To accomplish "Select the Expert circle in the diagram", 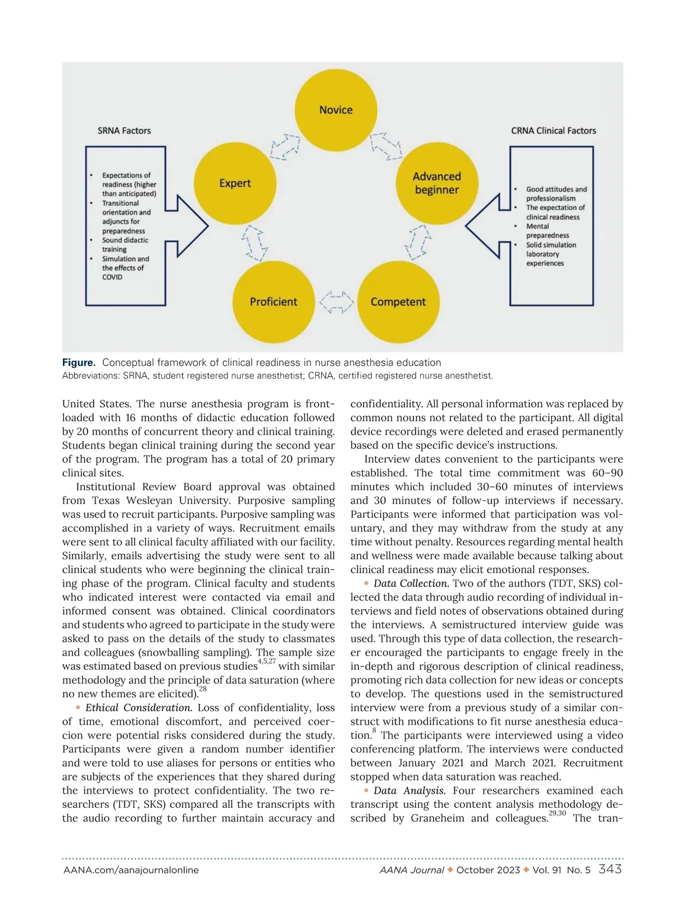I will (235, 183).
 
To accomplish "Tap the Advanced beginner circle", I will (436, 183).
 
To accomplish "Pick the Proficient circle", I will (274, 302).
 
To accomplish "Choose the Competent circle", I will (398, 302).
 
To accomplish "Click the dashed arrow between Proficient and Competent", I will (336, 302).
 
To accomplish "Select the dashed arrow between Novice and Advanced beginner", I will (386, 147).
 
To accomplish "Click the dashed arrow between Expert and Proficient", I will (254, 243).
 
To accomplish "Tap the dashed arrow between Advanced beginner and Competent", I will (418, 242).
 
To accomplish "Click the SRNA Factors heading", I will (124, 131).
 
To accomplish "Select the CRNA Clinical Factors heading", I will (553, 131).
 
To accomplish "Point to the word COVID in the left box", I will (112, 277).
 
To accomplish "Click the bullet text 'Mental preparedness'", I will (547, 231).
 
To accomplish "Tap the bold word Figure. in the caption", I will (79, 363).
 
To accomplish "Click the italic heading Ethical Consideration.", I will (139, 708).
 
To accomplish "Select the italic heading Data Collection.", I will (411, 583).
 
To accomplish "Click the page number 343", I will (610, 870).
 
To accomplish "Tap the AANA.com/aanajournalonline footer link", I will (131, 870).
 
